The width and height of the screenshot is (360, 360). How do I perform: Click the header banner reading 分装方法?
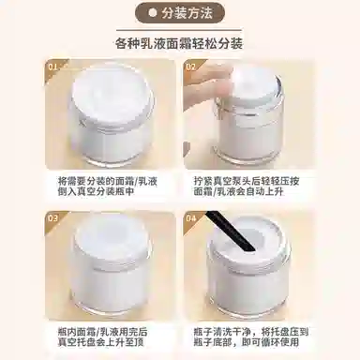coord(180,14)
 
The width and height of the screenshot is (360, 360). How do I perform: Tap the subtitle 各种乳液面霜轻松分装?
coord(180,43)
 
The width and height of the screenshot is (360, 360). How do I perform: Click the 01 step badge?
coord(53,67)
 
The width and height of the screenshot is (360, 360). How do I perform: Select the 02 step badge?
coord(190,67)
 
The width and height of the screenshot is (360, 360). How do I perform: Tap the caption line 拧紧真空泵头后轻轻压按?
coord(246,177)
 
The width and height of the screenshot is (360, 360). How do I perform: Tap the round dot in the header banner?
coord(152,14)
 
